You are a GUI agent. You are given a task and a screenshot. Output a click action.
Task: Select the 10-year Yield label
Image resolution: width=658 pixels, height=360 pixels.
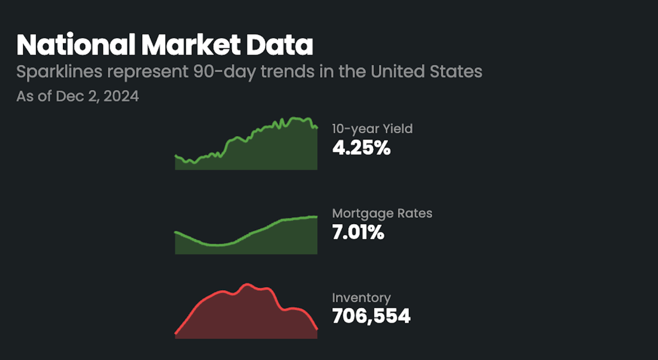(372, 129)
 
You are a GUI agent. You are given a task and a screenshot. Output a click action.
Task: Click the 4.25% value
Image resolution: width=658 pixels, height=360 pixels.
(361, 148)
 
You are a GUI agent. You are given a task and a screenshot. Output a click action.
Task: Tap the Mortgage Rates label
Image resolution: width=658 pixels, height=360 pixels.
(382, 213)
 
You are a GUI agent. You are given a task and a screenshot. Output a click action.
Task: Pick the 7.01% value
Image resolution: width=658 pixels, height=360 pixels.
(358, 233)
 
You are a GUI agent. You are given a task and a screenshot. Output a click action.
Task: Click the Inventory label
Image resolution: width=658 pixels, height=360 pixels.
(361, 298)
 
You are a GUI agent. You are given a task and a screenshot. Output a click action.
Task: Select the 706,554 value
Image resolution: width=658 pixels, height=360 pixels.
(371, 317)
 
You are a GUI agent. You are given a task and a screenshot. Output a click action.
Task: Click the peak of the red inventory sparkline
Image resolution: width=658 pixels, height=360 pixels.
(247, 284)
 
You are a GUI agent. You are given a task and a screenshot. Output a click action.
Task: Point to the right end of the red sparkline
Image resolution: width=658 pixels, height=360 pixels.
(317, 329)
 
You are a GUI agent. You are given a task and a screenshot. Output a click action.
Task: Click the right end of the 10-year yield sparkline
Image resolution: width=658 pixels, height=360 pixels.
(317, 127)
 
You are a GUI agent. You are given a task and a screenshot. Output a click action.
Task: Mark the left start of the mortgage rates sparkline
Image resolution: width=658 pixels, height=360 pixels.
(176, 233)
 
